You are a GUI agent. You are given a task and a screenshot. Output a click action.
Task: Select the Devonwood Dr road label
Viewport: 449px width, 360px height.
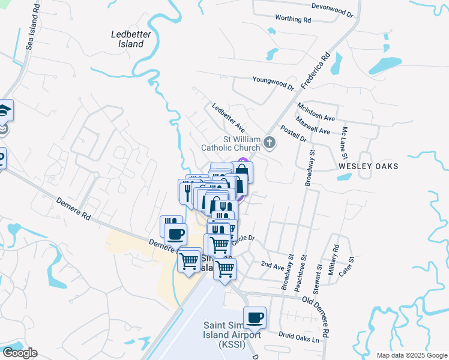click(333, 7)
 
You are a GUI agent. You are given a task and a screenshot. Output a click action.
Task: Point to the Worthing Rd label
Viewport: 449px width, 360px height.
click(293, 19)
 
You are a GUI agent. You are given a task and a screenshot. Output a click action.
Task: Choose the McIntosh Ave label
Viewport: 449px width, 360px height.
click(316, 111)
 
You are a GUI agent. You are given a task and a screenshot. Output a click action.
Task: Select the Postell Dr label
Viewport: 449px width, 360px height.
click(294, 135)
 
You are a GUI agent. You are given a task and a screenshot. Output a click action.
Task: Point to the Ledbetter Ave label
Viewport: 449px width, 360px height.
click(229, 118)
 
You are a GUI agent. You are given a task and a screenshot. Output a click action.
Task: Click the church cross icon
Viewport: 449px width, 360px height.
click(270, 143)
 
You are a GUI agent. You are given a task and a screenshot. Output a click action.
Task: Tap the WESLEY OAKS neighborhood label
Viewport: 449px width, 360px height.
click(368, 166)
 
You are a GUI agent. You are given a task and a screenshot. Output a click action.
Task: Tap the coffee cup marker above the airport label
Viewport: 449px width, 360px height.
click(255, 317)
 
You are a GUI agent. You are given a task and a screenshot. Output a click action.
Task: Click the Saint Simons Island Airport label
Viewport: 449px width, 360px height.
click(231, 334)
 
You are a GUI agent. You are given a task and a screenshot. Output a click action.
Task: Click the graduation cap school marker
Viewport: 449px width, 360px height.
click(5, 110)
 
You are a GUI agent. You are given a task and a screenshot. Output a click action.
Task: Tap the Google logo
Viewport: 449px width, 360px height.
click(20, 353)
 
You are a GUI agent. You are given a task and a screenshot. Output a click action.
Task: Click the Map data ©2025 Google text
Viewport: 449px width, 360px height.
click(411, 355)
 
